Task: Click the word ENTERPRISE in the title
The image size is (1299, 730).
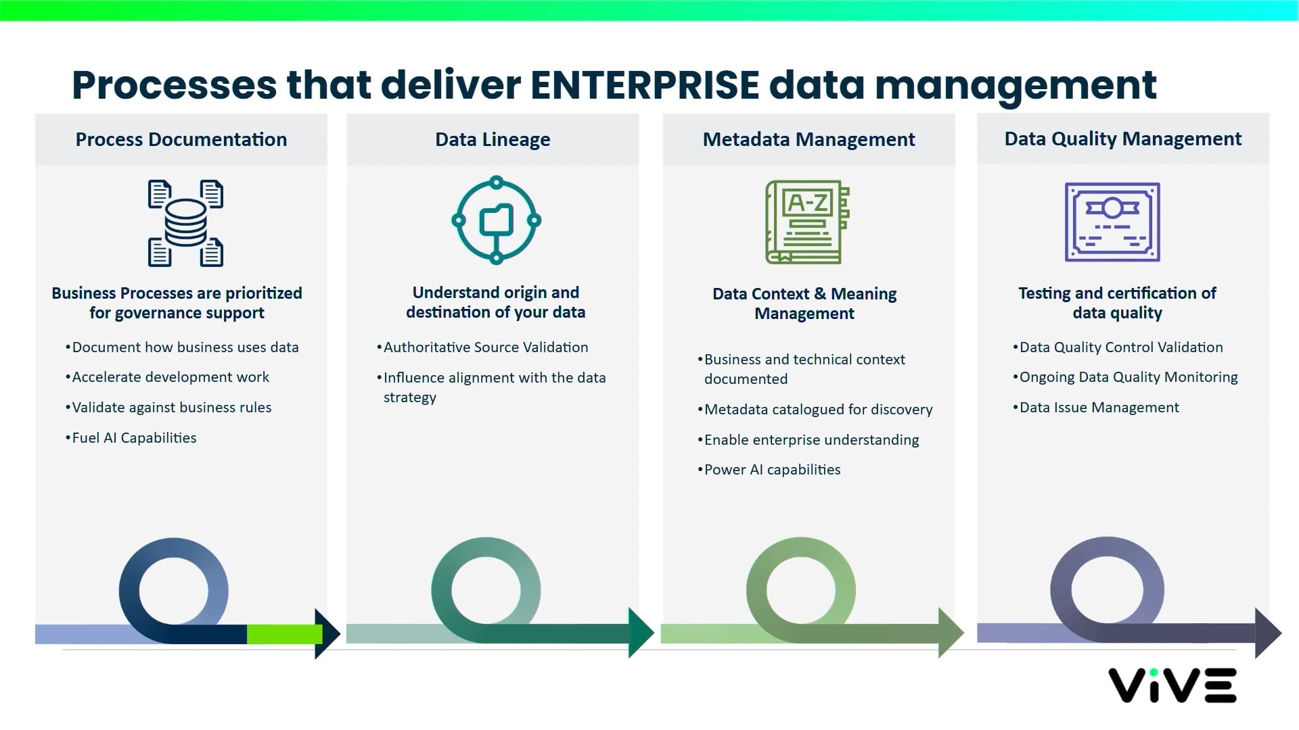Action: (x=644, y=85)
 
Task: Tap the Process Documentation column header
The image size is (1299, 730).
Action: (x=181, y=139)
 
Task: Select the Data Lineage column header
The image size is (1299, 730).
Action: (x=493, y=139)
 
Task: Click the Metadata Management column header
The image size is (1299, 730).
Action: (x=808, y=139)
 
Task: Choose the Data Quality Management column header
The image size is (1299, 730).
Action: (x=1122, y=139)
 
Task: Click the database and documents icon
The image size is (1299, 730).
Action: (x=185, y=222)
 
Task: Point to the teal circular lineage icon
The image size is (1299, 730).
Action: (x=496, y=220)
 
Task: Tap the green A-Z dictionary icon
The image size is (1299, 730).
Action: (x=807, y=222)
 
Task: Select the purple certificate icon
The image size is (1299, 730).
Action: (x=1112, y=222)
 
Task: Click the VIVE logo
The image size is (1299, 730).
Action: (x=1172, y=685)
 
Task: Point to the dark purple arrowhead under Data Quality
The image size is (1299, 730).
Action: (x=1267, y=633)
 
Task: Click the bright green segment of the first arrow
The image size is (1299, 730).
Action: (x=284, y=634)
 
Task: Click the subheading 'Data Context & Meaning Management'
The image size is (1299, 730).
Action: (x=804, y=303)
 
